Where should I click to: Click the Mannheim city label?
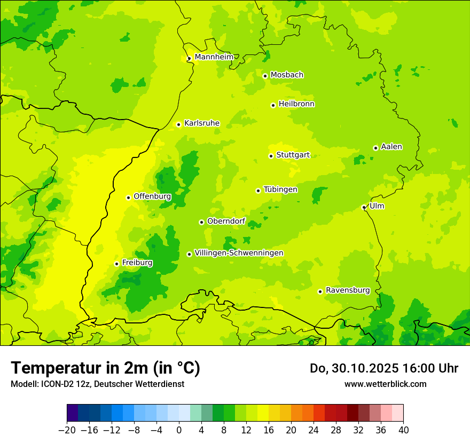214,57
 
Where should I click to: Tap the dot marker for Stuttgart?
271,156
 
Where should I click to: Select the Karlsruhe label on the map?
201,123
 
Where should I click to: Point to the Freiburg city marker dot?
116,264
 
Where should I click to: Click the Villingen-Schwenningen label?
239,253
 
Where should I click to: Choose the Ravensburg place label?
347,290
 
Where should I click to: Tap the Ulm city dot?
364,207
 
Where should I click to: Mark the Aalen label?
391,147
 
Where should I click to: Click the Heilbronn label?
296,104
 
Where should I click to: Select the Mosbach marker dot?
265,76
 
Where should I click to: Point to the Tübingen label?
280,189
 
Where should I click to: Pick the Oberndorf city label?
225,222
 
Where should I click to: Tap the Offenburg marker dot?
128,197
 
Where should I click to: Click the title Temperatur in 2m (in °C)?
105,368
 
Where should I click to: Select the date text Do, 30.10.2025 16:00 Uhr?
383,368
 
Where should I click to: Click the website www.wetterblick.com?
385,384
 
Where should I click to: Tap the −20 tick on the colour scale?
67,430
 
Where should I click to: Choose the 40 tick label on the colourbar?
403,430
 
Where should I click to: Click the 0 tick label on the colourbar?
179,430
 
